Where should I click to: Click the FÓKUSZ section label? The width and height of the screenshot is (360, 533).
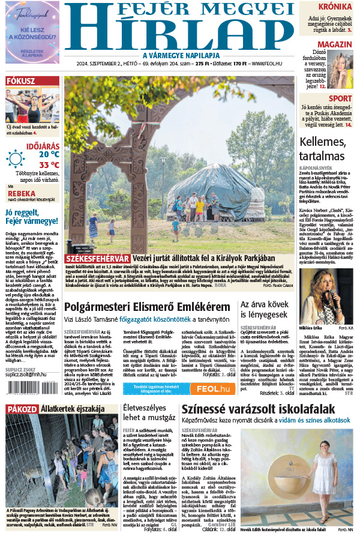[21, 82]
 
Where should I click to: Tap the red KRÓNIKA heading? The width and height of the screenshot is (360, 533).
[335, 7]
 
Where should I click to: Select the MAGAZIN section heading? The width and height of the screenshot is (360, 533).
[335, 45]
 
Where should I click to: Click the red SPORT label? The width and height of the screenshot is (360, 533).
[340, 98]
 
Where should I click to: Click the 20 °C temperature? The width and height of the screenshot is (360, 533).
[49, 154]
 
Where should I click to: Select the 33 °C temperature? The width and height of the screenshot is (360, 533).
[49, 164]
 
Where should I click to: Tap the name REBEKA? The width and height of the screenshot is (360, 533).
[20, 193]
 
